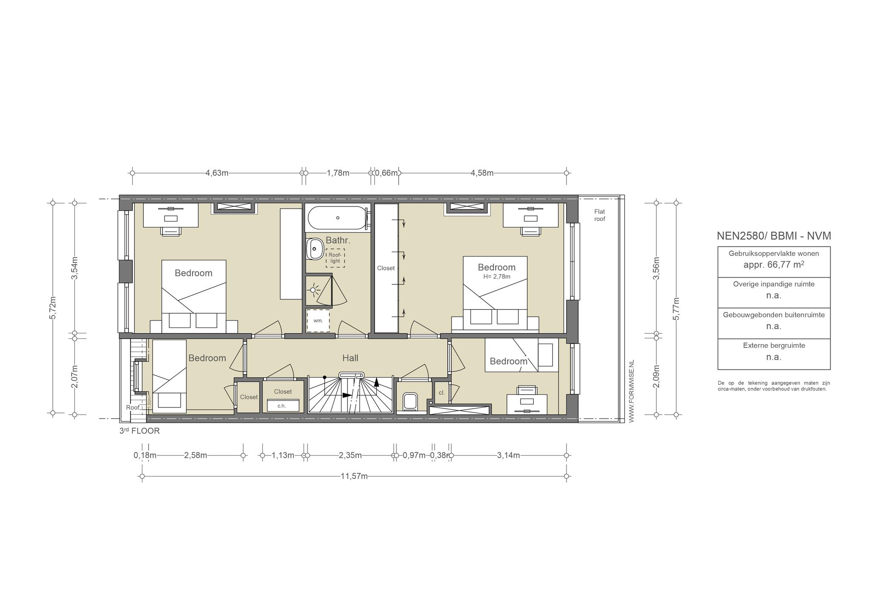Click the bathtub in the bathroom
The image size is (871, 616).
pyautogui.click(x=337, y=218)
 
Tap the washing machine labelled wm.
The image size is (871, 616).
pyautogui.click(x=318, y=320)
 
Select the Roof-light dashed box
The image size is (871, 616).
pyautogui.click(x=335, y=258)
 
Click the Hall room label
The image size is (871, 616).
pyautogui.click(x=350, y=358)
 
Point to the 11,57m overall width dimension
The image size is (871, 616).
pyautogui.click(x=354, y=476)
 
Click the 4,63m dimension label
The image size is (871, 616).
pyautogui.click(x=217, y=173)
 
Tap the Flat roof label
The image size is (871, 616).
pyautogui.click(x=600, y=215)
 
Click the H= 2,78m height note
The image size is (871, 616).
pyautogui.click(x=497, y=277)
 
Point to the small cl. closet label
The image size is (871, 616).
pyautogui.click(x=441, y=393)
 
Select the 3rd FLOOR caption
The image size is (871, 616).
pyautogui.click(x=139, y=431)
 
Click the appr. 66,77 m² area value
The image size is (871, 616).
pyautogui.click(x=774, y=264)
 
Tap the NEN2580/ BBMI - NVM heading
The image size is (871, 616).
pyautogui.click(x=774, y=236)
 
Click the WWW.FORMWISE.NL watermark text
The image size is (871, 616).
pyautogui.click(x=631, y=391)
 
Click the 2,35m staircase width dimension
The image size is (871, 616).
pyautogui.click(x=350, y=456)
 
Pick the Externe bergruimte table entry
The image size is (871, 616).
pyautogui.click(x=774, y=346)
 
